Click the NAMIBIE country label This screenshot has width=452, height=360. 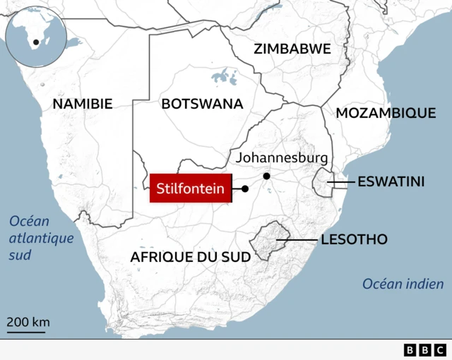coord(83,104)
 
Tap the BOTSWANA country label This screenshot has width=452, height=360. coord(202,104)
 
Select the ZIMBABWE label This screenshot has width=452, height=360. coord(292,49)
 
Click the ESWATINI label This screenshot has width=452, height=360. coord(391,182)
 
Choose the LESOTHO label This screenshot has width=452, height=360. coord(354,240)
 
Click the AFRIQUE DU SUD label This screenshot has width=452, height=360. coord(191,257)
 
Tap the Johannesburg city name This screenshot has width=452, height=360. coord(282,157)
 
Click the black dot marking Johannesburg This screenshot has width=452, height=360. coord(266,176)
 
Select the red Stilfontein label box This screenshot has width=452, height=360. coord(191,188)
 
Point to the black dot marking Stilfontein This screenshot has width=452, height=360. coord(245,188)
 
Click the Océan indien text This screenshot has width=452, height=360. coord(403,284)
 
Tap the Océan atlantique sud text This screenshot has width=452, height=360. coord(41,238)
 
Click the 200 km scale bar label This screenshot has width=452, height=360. coord(28,323)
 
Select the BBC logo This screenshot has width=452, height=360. coord(425,349)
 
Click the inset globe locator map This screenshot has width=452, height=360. coord(35,36)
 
